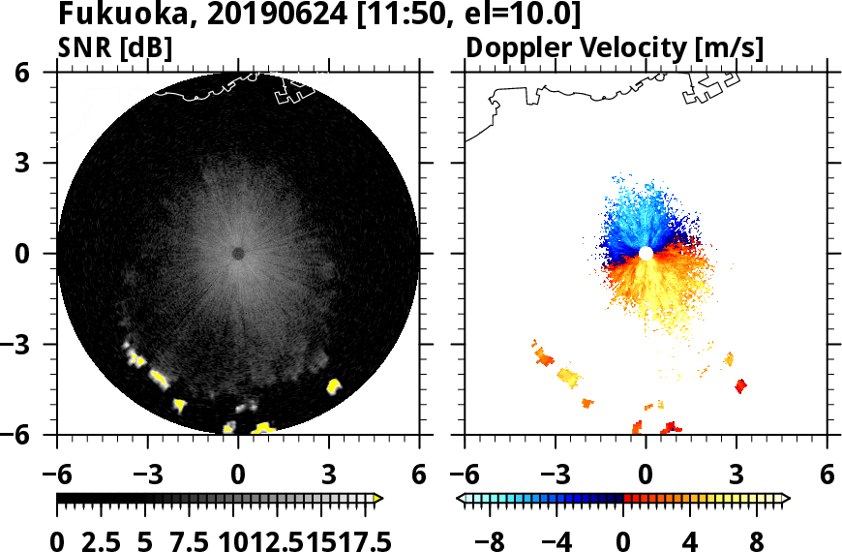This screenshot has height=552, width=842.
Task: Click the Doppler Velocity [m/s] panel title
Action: pos(616,47)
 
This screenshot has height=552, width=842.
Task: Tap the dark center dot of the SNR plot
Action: pos(238,254)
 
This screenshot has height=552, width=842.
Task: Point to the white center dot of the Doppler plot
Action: pos(646,254)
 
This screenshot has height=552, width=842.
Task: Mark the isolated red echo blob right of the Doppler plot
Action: pos(741,385)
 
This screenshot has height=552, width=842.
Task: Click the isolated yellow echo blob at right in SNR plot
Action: pos(335,386)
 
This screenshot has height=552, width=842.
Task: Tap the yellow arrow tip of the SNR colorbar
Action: pos(378,498)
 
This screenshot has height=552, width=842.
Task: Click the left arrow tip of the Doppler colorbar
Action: pos(461,498)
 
